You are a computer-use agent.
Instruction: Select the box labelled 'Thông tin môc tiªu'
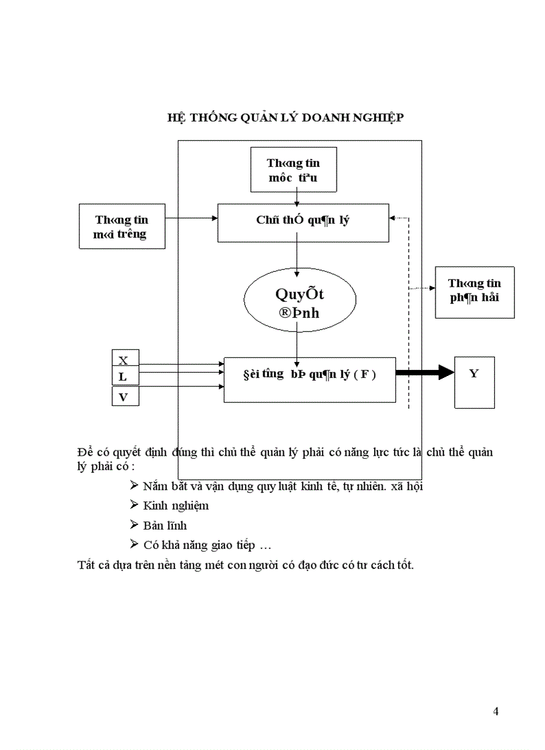(293, 170)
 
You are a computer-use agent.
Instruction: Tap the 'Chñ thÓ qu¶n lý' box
(303, 222)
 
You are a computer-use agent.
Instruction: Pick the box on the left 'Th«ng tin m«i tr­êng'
(122, 226)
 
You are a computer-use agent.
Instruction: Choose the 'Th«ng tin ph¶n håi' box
(474, 292)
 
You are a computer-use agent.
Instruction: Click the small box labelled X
(124, 360)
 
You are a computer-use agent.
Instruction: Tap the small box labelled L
(124, 377)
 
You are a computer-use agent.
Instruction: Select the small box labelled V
(124, 397)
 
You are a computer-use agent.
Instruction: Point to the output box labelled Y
(474, 381)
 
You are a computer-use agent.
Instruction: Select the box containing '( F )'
(309, 379)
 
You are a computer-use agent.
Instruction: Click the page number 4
(496, 711)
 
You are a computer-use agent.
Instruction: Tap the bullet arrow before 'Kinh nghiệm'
(134, 505)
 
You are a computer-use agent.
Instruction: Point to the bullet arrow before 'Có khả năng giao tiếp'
(134, 545)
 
